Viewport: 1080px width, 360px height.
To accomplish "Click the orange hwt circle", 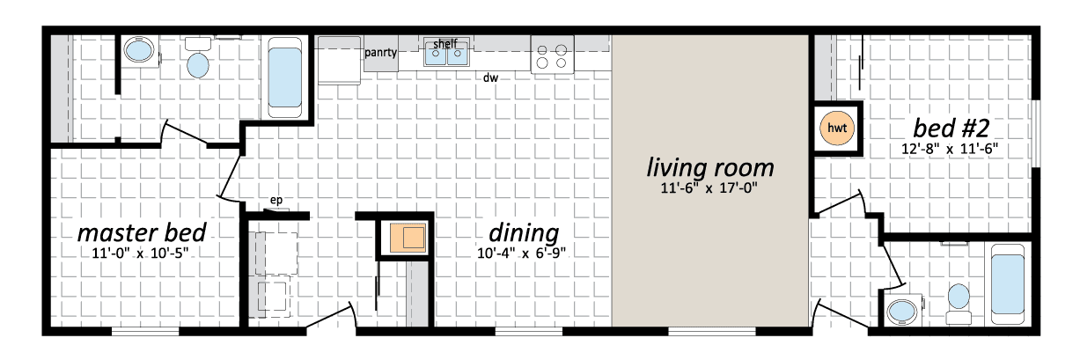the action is tap(836, 128).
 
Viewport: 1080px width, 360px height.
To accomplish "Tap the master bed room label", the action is tap(142, 232).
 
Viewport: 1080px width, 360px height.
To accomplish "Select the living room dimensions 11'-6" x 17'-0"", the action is tap(709, 187).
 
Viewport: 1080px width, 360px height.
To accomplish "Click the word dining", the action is tap(524, 234).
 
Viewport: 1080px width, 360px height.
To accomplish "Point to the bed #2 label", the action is tap(951, 128).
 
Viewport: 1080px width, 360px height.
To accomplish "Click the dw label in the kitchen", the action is tap(490, 77).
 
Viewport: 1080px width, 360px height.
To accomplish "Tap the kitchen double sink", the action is tap(446, 54).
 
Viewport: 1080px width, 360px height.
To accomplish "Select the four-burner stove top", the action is tap(553, 55).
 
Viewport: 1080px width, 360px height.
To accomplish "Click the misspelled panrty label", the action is tap(380, 52).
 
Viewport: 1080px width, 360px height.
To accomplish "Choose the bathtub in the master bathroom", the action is tap(284, 77).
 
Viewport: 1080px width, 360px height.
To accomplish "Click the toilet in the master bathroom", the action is tap(198, 58).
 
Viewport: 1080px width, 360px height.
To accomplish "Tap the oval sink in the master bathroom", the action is tap(139, 50).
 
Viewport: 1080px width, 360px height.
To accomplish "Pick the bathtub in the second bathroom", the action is tap(1008, 284).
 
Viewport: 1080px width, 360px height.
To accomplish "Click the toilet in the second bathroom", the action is tap(959, 304).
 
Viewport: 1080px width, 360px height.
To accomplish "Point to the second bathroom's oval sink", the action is tap(902, 311).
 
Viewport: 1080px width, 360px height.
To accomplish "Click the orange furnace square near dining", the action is tap(408, 237).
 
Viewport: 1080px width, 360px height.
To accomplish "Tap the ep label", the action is tap(276, 200).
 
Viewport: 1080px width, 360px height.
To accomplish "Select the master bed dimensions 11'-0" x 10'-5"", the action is tap(140, 253).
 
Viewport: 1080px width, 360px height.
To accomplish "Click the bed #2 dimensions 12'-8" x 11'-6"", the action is tap(950, 149).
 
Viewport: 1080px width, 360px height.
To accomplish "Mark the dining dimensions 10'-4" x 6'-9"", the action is tap(521, 253).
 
